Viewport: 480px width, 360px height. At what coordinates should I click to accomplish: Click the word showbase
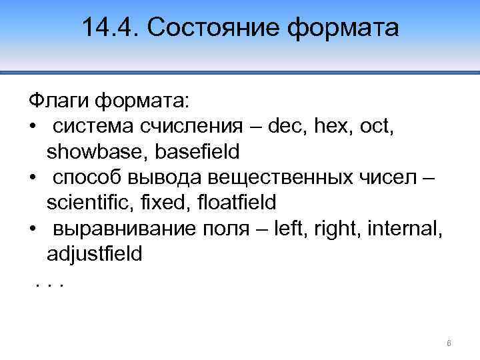point(97,152)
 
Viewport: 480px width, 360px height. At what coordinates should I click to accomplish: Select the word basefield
point(197,152)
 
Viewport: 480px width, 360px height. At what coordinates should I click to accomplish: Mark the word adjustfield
point(94,255)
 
